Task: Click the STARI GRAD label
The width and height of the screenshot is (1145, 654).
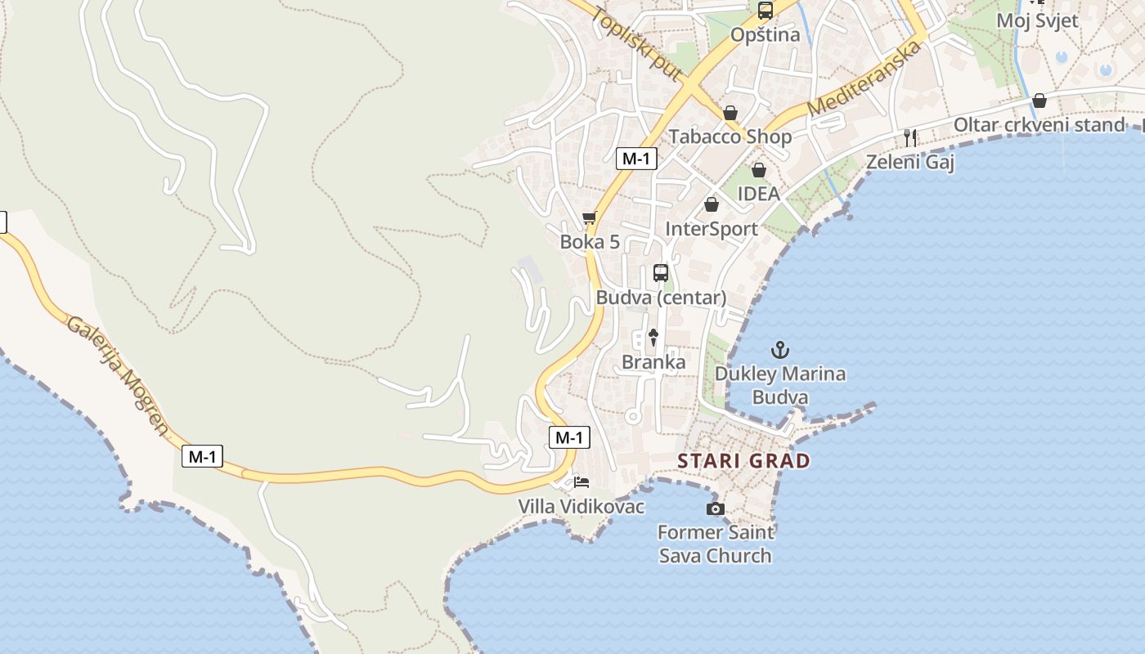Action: [743, 461]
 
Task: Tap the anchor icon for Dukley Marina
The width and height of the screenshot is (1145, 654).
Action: [780, 351]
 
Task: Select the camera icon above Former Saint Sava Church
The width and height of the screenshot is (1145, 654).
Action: [715, 509]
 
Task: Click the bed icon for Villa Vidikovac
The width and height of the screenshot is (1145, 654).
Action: [581, 482]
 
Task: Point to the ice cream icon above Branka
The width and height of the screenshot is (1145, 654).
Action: [653, 337]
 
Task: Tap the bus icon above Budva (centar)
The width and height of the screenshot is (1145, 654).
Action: [661, 273]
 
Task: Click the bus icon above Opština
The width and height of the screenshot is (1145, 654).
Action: [766, 11]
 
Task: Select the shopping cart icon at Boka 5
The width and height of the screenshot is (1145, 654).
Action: [590, 217]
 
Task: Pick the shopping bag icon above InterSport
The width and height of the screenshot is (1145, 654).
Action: [712, 204]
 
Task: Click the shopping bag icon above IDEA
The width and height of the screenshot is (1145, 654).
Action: [759, 170]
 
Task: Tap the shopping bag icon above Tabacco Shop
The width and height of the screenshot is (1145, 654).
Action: [730, 113]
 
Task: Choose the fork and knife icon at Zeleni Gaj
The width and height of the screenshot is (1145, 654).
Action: [910, 137]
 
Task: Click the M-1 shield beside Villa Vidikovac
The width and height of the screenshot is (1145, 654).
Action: [568, 437]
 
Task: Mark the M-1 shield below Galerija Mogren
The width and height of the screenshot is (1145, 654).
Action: [202, 456]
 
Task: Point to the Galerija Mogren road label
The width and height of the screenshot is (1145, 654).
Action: [118, 375]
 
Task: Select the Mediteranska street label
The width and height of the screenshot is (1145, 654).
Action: [864, 78]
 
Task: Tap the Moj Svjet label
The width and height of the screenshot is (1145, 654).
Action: [1037, 20]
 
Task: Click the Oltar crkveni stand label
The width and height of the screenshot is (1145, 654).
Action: [1039, 125]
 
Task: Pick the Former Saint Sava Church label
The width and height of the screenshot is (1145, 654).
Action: [715, 544]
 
